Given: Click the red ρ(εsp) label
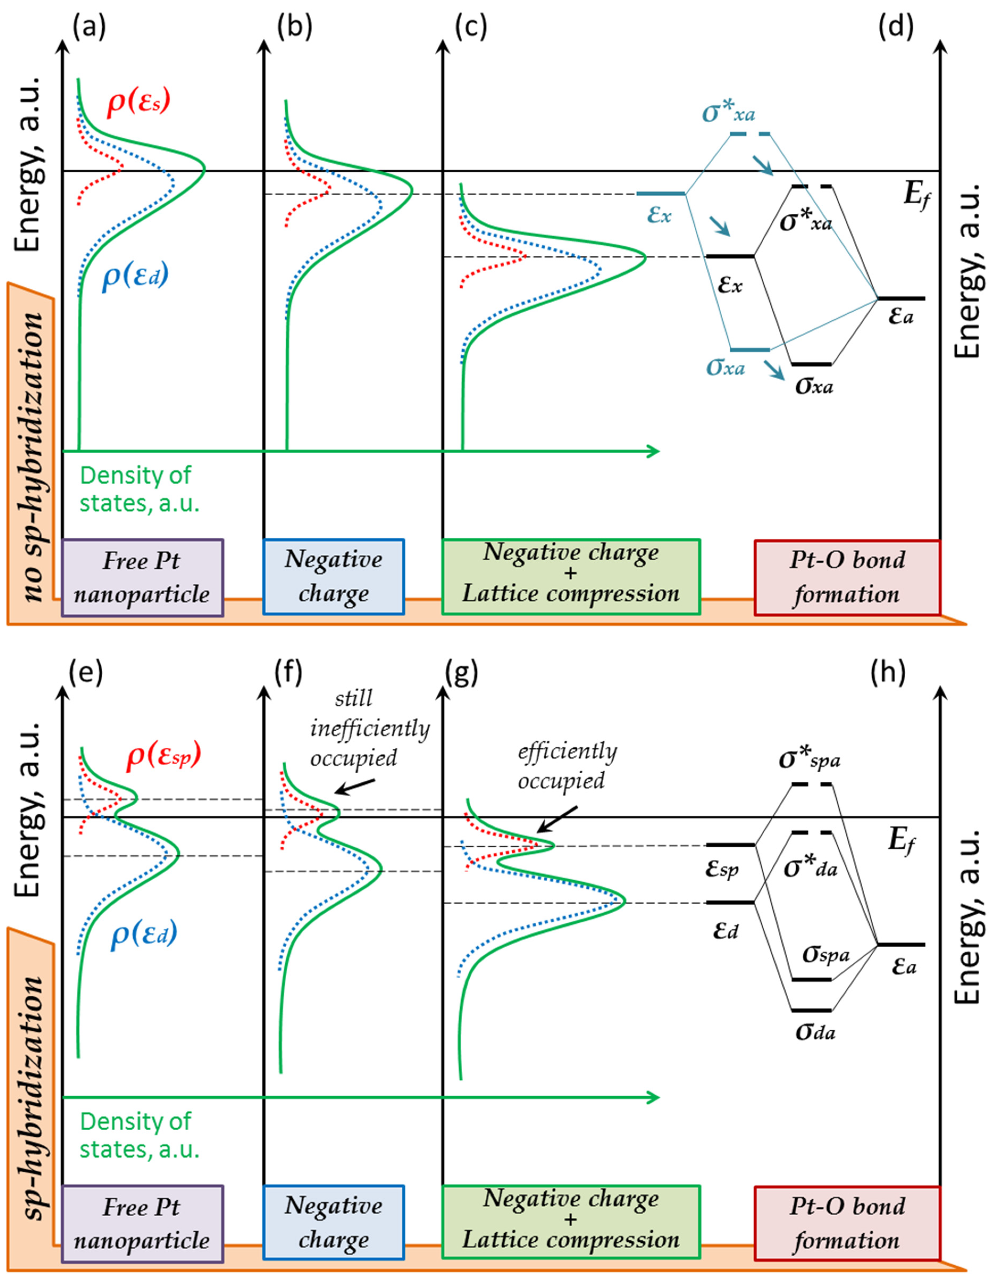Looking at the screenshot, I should [x=164, y=756].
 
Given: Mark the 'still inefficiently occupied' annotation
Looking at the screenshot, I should [x=370, y=729].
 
